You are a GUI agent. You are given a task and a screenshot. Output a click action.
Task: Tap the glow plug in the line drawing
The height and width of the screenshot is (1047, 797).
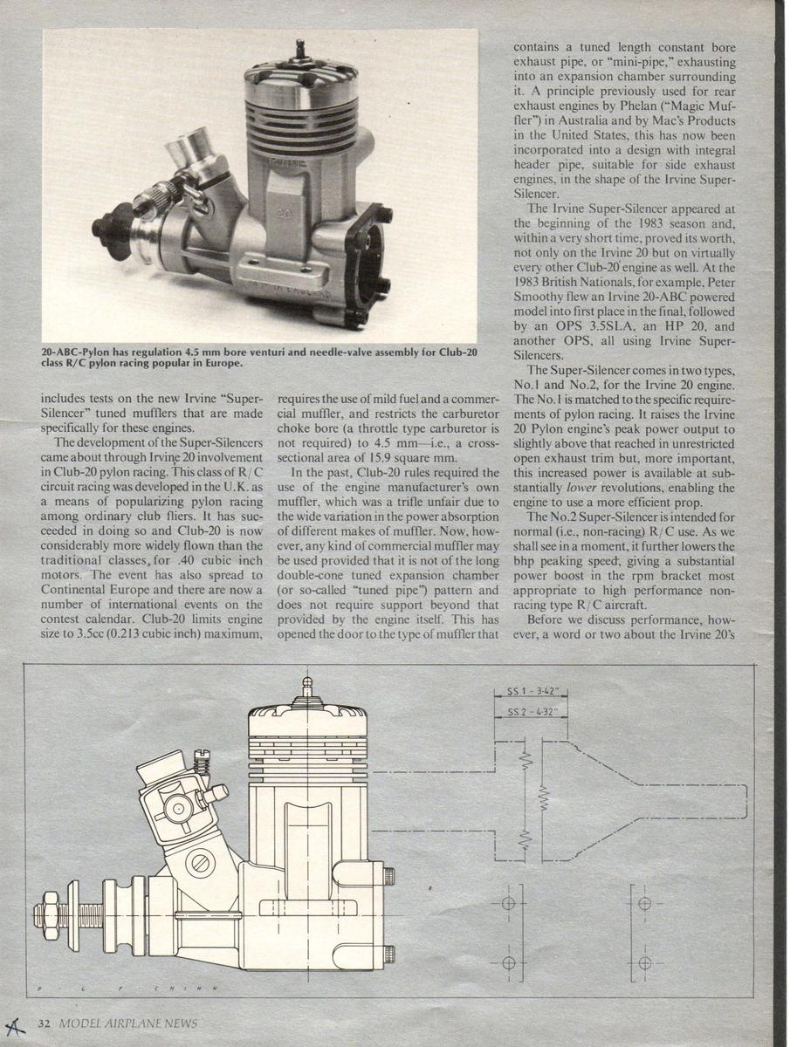tap(306, 692)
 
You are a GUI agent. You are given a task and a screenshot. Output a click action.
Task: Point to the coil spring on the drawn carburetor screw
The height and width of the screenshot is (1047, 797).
tap(203, 764)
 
